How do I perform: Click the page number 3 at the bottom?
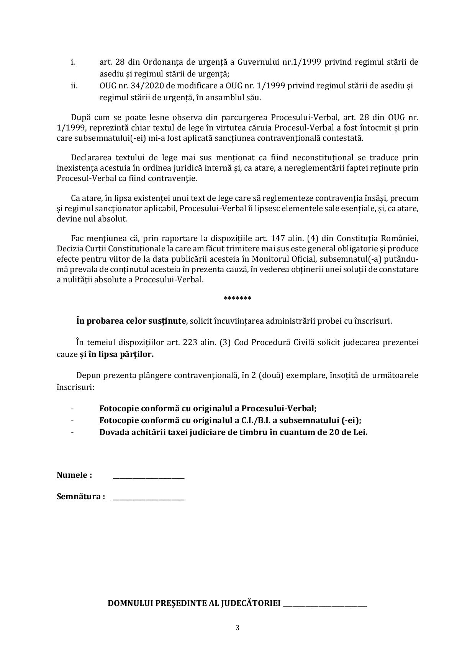tap(237, 628)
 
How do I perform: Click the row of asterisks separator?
tap(237, 298)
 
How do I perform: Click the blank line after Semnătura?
tap(149, 498)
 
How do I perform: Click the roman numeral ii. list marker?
tap(74, 86)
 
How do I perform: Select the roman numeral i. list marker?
tap(73, 62)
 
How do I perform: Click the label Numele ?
tap(74, 475)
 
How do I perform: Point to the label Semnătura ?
tap(81, 497)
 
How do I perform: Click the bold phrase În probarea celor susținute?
tap(131, 321)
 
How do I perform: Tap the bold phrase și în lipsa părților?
tap(116, 354)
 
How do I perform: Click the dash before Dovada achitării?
tap(72, 432)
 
